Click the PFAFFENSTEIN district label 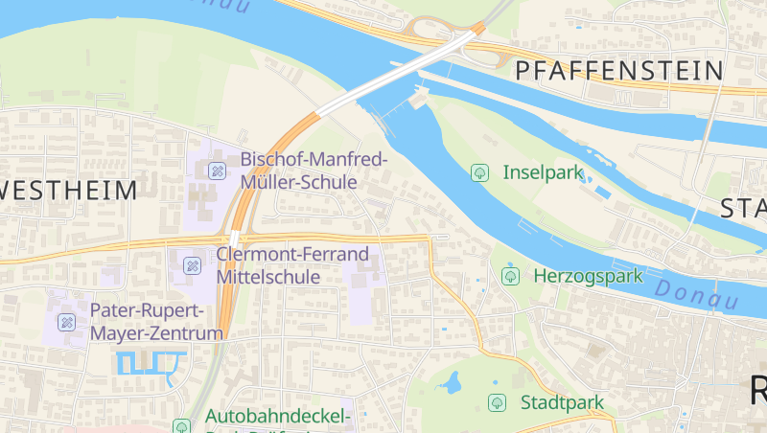[x=618, y=71]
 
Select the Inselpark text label [x=544, y=173]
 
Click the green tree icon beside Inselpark [x=479, y=173]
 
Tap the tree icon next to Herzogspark [x=511, y=276]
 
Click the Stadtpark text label [x=562, y=402]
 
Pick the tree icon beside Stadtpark [x=497, y=402]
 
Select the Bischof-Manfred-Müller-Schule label [x=314, y=170]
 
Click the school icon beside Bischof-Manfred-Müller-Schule [x=218, y=171]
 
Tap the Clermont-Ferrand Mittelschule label [x=292, y=265]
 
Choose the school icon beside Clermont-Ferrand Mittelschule [x=192, y=265]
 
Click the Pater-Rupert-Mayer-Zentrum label [x=156, y=322]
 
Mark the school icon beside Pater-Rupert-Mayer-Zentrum [x=66, y=322]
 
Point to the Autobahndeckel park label [x=278, y=418]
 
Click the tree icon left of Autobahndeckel [x=181, y=425]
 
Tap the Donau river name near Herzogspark [x=697, y=294]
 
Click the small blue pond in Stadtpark [x=449, y=384]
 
